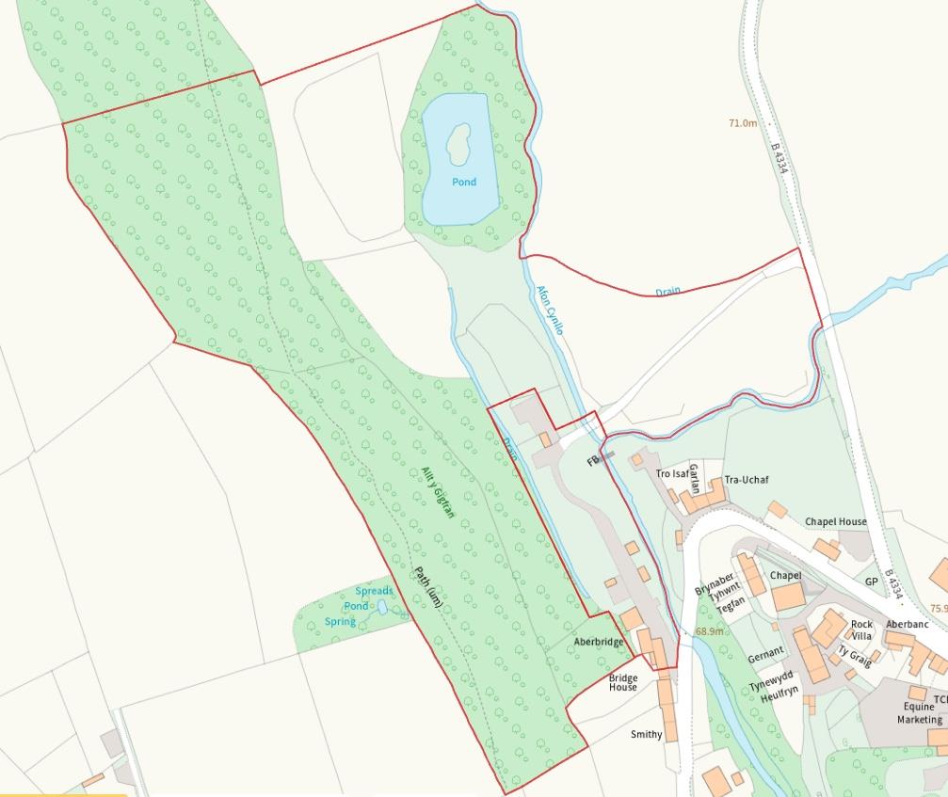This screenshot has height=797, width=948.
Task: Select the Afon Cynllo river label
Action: (x=549, y=311)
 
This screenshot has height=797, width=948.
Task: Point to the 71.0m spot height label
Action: (x=742, y=123)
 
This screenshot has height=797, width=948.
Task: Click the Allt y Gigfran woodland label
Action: (x=438, y=494)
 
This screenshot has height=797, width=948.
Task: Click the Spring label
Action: (x=340, y=622)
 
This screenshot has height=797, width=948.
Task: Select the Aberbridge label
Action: (x=599, y=642)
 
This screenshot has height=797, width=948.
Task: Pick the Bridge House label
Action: (x=622, y=683)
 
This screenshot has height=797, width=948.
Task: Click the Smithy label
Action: (x=647, y=735)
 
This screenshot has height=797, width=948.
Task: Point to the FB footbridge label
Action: (x=593, y=462)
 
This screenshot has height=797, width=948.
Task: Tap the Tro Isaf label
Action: (x=672, y=473)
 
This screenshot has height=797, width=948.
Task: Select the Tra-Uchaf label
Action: (x=747, y=480)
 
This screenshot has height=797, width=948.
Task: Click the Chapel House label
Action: (x=835, y=521)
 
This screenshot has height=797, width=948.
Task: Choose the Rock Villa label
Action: (x=861, y=630)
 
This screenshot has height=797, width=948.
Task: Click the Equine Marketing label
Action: (x=919, y=713)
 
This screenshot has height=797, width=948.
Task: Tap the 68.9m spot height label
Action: (x=710, y=631)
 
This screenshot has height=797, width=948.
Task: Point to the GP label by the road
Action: (x=871, y=582)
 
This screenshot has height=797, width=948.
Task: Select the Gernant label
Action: (x=765, y=651)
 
